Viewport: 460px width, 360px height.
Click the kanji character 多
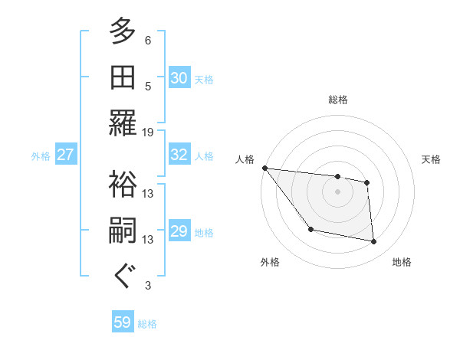pyautogui.click(x=123, y=31)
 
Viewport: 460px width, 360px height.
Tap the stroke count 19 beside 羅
pyautogui.click(x=148, y=132)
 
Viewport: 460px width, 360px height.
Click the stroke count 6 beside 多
pyautogui.click(x=148, y=40)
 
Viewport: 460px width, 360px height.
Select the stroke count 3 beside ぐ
pyautogui.click(x=148, y=286)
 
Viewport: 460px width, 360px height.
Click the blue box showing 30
pyautogui.click(x=179, y=77)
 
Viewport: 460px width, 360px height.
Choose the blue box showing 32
pyautogui.click(x=179, y=155)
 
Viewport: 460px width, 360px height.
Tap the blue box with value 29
pyautogui.click(x=179, y=231)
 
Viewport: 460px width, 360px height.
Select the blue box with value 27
pyautogui.click(x=65, y=155)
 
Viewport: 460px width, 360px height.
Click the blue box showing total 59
pyautogui.click(x=123, y=322)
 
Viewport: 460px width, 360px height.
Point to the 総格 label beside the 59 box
pyautogui.click(x=147, y=324)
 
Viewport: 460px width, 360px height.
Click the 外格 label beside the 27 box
pyautogui.click(x=41, y=156)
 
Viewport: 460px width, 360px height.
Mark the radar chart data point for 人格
pyautogui.click(x=264, y=168)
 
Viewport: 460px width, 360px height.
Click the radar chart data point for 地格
pyautogui.click(x=374, y=242)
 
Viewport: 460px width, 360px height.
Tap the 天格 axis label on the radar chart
pyautogui.click(x=432, y=159)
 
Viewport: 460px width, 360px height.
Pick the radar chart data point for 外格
pyautogui.click(x=310, y=229)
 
